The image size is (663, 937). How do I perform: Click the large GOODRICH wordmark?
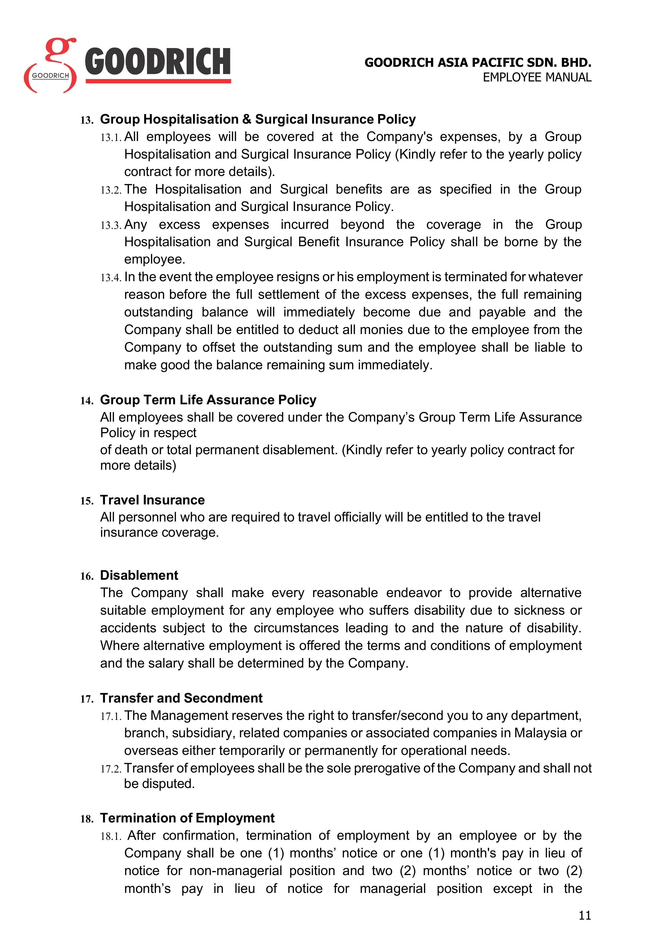pyautogui.click(x=158, y=62)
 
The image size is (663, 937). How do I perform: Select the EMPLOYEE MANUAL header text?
pyautogui.click(x=537, y=77)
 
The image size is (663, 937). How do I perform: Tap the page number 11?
pyautogui.click(x=585, y=915)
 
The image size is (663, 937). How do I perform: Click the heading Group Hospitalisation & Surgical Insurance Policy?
pyautogui.click(x=258, y=119)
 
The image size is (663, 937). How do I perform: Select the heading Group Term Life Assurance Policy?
pyautogui.click(x=208, y=400)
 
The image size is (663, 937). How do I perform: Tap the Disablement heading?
pyautogui.click(x=139, y=575)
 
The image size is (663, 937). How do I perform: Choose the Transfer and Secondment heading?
pyautogui.click(x=181, y=698)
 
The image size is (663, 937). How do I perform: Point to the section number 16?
pyautogui.click(x=87, y=576)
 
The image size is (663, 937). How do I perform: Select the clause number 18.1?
pyautogui.click(x=111, y=837)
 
